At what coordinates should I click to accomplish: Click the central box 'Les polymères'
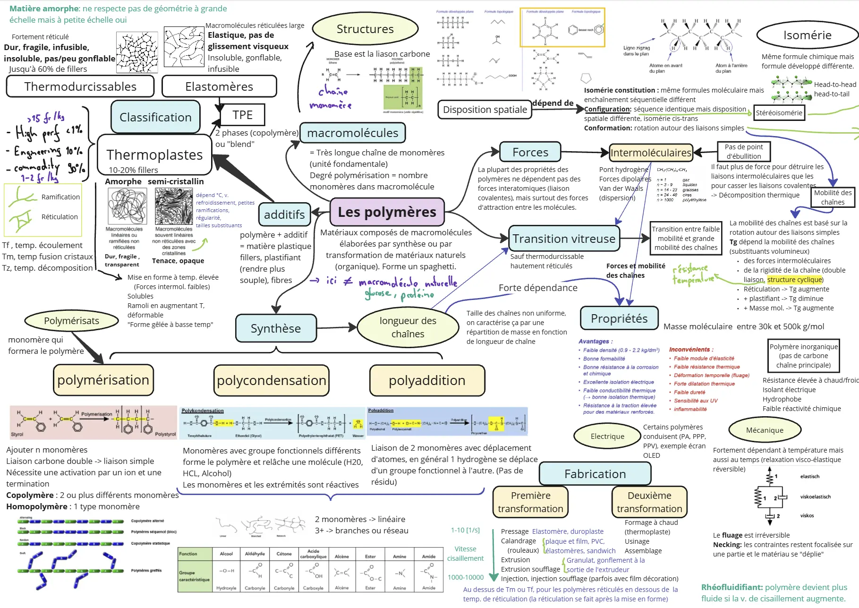click(x=387, y=212)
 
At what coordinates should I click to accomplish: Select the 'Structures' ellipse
click(x=365, y=29)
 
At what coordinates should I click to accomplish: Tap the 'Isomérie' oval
click(x=807, y=35)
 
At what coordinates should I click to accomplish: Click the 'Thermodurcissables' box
click(x=80, y=86)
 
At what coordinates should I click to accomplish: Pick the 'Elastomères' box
click(x=219, y=86)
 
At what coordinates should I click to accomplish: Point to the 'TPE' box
click(x=242, y=115)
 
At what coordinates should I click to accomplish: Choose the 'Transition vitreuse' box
click(x=564, y=239)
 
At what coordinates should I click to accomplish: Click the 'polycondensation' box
click(x=271, y=380)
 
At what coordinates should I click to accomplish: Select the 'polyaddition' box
click(x=427, y=380)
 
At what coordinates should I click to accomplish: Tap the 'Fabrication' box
click(x=595, y=474)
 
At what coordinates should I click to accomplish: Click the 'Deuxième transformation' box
click(x=649, y=502)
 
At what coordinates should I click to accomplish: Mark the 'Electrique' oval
click(x=607, y=436)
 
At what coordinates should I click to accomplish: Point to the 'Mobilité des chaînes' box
click(x=833, y=197)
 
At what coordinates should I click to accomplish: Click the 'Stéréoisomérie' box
click(x=779, y=112)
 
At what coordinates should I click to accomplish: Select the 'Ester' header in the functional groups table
click(x=370, y=556)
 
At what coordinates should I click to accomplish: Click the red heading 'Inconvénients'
click(x=689, y=350)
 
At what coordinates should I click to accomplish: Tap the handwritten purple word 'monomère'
click(x=330, y=105)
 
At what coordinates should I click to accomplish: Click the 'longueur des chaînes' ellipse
click(x=408, y=327)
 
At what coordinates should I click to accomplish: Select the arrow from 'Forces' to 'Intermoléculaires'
click(x=585, y=152)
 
